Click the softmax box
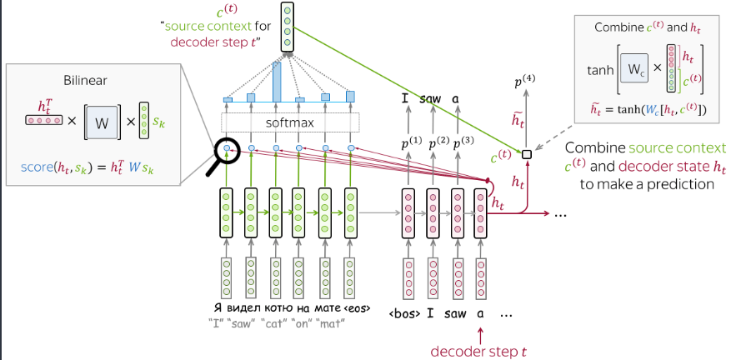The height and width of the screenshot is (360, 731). click(x=290, y=122)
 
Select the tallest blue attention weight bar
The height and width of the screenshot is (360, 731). click(x=277, y=82)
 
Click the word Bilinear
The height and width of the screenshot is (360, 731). click(x=85, y=81)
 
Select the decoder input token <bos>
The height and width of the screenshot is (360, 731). click(x=404, y=313)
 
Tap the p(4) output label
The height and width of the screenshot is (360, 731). click(x=524, y=82)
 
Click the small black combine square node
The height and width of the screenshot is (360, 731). click(x=527, y=154)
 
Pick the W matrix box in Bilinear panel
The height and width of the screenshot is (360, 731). click(x=102, y=122)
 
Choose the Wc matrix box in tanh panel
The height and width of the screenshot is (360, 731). click(x=634, y=69)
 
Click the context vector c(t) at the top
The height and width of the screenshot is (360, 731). click(x=288, y=27)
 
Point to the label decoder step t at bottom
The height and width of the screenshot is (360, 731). click(x=480, y=351)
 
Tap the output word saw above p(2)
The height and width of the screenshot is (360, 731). click(x=431, y=99)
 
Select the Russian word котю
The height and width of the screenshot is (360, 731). click(x=278, y=308)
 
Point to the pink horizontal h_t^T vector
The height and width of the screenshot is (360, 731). click(x=43, y=120)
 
